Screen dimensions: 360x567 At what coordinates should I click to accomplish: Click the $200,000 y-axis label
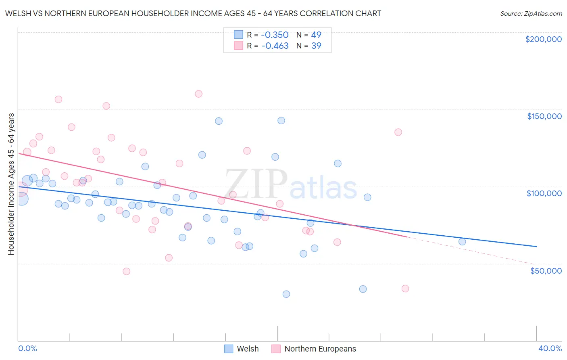[543, 39]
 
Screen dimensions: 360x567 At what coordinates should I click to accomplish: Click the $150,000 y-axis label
[544, 116]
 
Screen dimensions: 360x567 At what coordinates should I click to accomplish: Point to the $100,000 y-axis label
[544, 193]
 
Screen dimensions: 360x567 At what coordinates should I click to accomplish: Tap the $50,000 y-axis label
[546, 271]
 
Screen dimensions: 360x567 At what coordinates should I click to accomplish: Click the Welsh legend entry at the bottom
[247, 349]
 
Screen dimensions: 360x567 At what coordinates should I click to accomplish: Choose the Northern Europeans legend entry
[320, 349]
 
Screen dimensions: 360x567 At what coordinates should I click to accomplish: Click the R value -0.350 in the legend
[275, 35]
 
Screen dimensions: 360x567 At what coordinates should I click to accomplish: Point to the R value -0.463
[275, 46]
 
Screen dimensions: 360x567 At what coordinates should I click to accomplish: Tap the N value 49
[316, 35]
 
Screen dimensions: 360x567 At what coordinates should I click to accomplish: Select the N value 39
[316, 46]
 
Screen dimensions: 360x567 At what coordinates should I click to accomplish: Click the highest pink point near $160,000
[198, 94]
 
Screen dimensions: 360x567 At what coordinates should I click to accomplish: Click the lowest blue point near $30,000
[286, 294]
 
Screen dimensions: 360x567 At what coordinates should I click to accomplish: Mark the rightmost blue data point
[462, 242]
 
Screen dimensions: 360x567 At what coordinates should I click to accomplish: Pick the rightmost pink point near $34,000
[405, 289]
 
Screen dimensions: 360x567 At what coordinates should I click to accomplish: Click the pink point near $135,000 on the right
[398, 132]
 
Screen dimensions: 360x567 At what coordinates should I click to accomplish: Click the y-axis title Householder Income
[11, 184]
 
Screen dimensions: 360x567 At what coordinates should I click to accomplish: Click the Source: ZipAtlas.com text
[531, 14]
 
